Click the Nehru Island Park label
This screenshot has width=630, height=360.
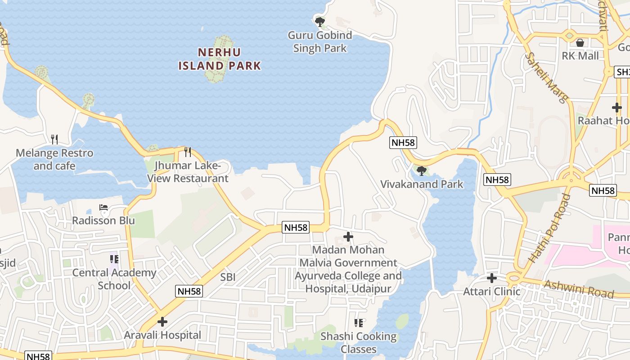(220, 59)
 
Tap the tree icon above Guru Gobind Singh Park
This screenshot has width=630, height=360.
(320, 21)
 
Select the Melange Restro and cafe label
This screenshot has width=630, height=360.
(54, 159)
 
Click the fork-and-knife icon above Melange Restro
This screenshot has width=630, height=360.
(54, 139)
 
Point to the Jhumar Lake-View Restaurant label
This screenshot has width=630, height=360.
(188, 172)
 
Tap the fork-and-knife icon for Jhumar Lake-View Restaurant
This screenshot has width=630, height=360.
(188, 152)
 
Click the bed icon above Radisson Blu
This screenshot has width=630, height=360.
(103, 208)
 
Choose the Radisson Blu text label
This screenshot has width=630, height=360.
(103, 220)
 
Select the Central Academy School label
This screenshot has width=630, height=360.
(114, 279)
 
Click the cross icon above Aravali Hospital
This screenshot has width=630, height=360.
(162, 322)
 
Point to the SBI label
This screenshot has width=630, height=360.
(228, 277)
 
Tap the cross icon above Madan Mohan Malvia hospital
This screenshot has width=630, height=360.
(348, 236)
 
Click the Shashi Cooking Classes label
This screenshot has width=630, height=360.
(359, 342)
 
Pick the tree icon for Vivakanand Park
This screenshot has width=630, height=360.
(422, 171)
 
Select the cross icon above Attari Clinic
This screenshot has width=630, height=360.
(492, 278)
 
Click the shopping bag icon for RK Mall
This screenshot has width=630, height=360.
(580, 43)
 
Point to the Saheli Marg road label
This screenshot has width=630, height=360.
(547, 77)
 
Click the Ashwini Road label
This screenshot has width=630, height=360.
(579, 288)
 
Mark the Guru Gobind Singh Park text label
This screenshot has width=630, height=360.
(320, 41)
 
